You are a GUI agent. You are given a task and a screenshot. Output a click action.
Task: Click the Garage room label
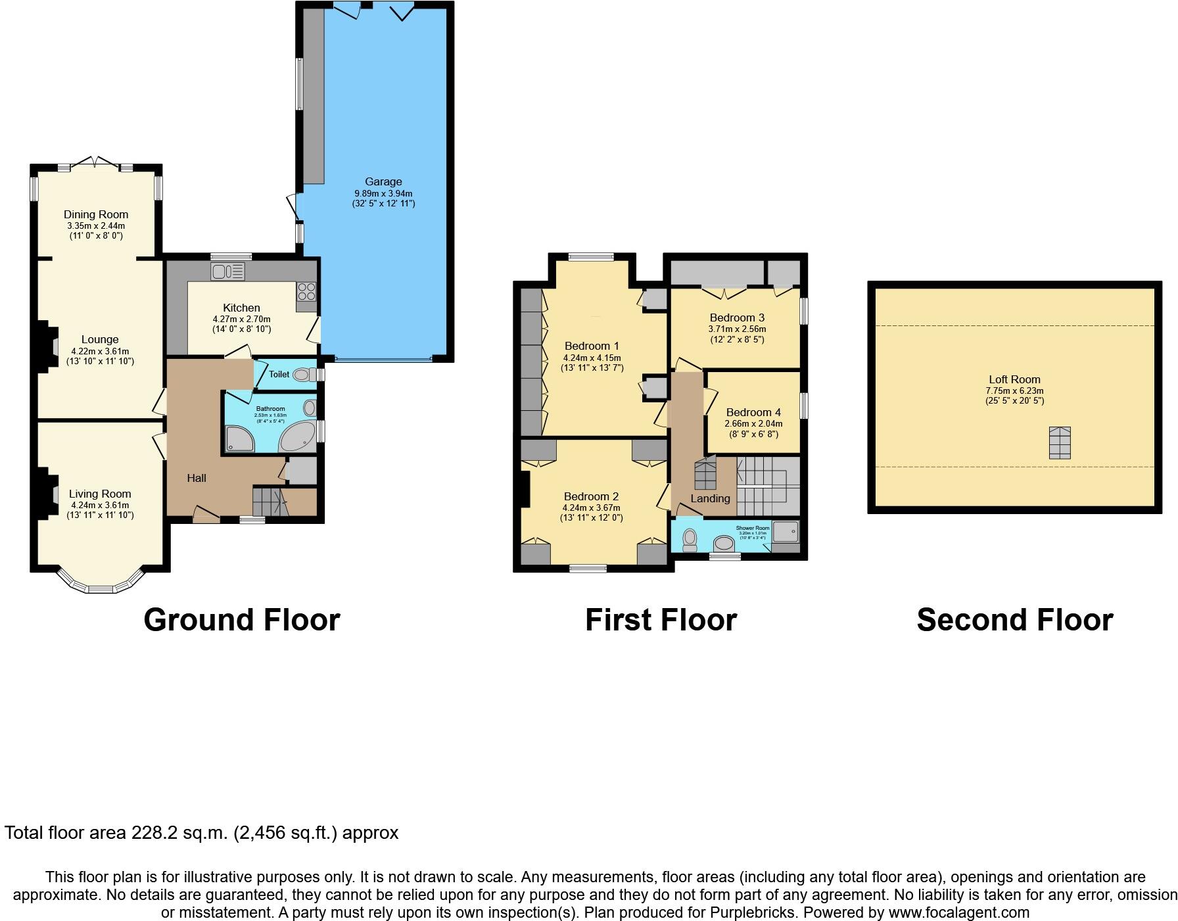point(383,181)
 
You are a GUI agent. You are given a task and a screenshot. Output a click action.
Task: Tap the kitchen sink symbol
point(227,271)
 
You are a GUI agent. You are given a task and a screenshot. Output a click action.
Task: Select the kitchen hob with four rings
point(306,291)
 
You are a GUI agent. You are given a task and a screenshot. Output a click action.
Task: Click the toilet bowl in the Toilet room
point(301,375)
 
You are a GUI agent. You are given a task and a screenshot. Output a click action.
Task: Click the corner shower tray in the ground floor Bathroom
point(239,438)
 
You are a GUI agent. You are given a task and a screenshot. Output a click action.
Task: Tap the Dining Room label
point(96,214)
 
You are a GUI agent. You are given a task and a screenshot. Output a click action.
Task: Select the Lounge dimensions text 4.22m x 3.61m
point(100,351)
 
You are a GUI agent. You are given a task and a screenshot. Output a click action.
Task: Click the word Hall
point(196,478)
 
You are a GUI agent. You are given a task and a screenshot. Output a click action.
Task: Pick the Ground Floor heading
point(241,620)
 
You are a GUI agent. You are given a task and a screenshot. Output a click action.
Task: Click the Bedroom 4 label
point(753,413)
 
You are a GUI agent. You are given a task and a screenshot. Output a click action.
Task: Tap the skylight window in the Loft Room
point(1059,442)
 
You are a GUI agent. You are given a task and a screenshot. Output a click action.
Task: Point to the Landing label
point(710,498)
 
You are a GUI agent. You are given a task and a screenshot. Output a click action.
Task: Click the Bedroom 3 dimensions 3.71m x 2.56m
point(737,329)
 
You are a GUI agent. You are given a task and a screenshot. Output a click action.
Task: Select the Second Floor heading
point(1014,620)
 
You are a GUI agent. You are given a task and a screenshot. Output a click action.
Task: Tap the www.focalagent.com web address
point(958,912)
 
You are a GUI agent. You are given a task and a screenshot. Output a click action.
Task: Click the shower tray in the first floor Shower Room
point(786,531)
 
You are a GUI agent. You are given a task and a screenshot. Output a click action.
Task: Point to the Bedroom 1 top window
point(590,258)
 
